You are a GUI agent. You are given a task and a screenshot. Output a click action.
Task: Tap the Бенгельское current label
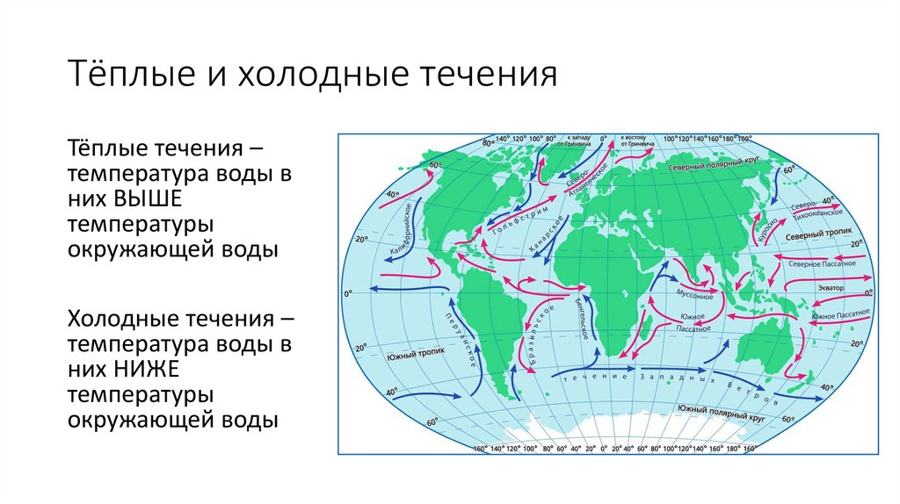[581, 319]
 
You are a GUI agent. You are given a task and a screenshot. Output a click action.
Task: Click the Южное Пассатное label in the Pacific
[841, 313]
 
